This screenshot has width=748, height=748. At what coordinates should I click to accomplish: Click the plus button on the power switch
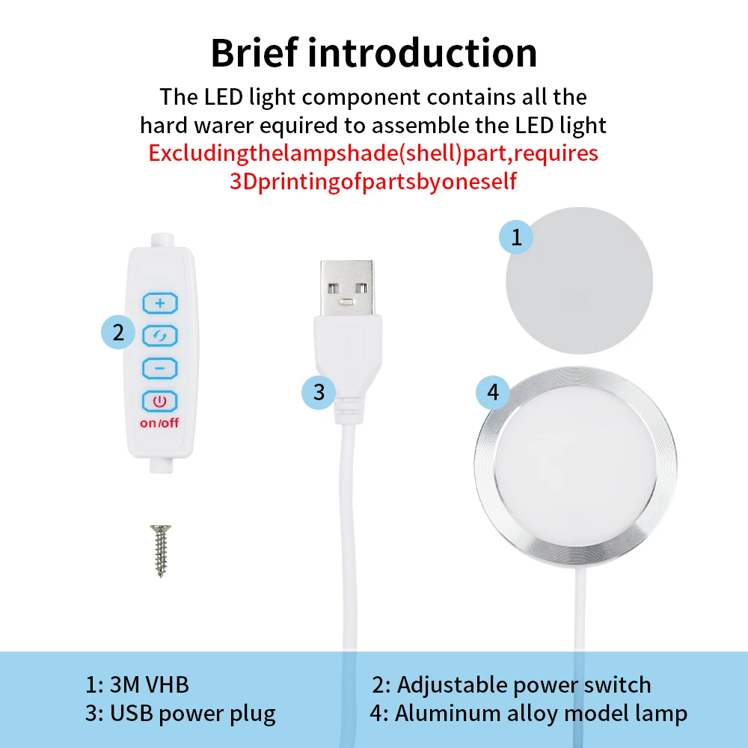(160, 304)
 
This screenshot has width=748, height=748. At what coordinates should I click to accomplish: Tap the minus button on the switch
(160, 368)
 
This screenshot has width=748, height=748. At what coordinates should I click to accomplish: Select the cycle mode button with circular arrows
(160, 336)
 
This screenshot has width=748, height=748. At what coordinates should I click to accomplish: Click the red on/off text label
(159, 423)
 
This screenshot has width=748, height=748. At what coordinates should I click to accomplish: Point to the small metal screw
(161, 551)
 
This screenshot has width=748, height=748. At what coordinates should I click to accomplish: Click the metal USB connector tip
(347, 287)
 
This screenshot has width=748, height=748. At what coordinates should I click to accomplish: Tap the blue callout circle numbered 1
(516, 237)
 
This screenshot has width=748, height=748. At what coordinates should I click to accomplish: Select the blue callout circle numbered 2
(118, 332)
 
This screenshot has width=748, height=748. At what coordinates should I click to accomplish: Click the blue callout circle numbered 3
(319, 393)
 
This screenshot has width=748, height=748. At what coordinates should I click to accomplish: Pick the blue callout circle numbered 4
(493, 392)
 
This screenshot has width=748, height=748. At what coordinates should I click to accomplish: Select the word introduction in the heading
(423, 52)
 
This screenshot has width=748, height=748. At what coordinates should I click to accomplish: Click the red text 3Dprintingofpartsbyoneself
(373, 181)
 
